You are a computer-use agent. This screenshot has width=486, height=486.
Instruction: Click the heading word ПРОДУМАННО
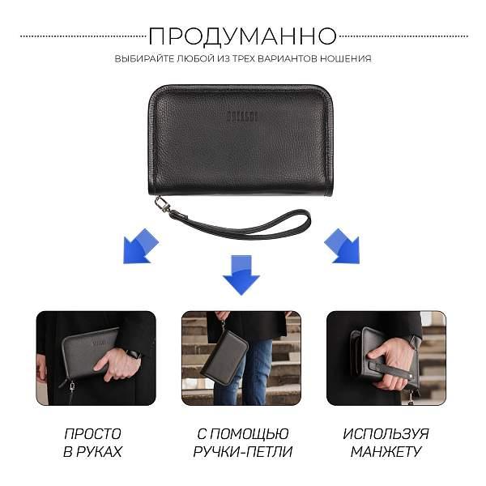tap(243, 36)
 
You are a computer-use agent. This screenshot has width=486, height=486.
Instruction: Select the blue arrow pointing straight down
tap(241, 274)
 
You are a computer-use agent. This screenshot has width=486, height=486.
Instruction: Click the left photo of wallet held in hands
tap(96, 357)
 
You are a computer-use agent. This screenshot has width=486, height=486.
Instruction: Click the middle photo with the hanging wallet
tap(241, 357)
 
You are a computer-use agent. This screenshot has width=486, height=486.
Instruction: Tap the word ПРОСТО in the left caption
tap(93, 434)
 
